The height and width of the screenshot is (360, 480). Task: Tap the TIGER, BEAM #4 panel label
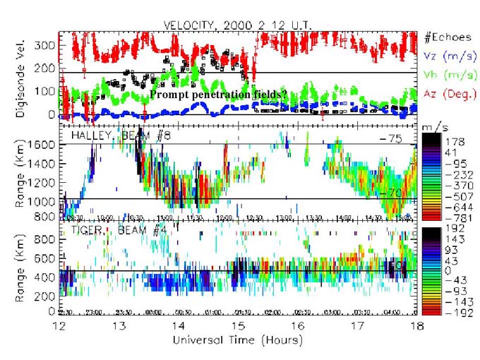100,229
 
